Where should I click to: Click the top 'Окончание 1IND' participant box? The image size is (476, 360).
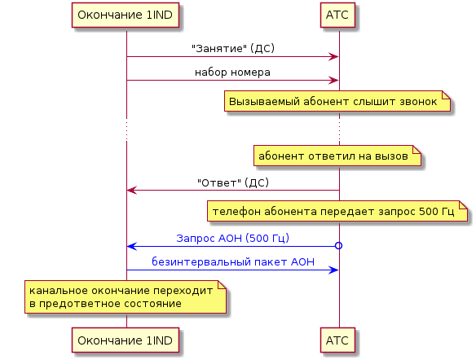pyautogui.click(x=126, y=15)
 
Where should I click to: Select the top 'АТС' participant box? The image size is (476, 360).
pyautogui.click(x=337, y=15)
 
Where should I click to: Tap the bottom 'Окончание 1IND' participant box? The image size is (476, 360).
pyautogui.click(x=126, y=340)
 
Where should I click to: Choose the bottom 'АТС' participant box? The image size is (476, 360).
pyautogui.click(x=337, y=340)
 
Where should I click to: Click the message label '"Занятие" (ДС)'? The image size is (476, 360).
pyautogui.click(x=233, y=48)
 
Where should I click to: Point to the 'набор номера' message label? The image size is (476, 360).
pyautogui.click(x=232, y=72)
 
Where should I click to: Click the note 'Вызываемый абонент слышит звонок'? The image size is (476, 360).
pyautogui.click(x=337, y=101)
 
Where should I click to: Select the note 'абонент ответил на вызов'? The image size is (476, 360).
pyautogui.click(x=337, y=156)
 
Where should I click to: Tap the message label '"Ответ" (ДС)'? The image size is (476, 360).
pyautogui.click(x=233, y=182)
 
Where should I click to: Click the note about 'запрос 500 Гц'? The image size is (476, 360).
pyautogui.click(x=337, y=211)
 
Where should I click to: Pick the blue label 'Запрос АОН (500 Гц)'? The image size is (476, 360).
pyautogui.click(x=232, y=238)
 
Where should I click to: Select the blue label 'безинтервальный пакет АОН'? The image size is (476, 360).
pyautogui.click(x=233, y=261)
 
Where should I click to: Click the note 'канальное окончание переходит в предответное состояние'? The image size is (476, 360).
pyautogui.click(x=126, y=297)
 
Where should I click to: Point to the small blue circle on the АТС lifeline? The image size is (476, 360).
pyautogui.click(x=338, y=246)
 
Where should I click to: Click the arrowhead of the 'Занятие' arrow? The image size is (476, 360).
pyautogui.click(x=333, y=57)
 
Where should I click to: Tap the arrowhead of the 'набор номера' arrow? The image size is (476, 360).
pyautogui.click(x=333, y=81)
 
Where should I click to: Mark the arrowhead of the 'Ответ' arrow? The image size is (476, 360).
pyautogui.click(x=132, y=191)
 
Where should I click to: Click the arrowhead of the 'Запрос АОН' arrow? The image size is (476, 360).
pyautogui.click(x=132, y=246)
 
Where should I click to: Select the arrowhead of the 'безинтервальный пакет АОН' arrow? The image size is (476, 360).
pyautogui.click(x=333, y=270)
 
